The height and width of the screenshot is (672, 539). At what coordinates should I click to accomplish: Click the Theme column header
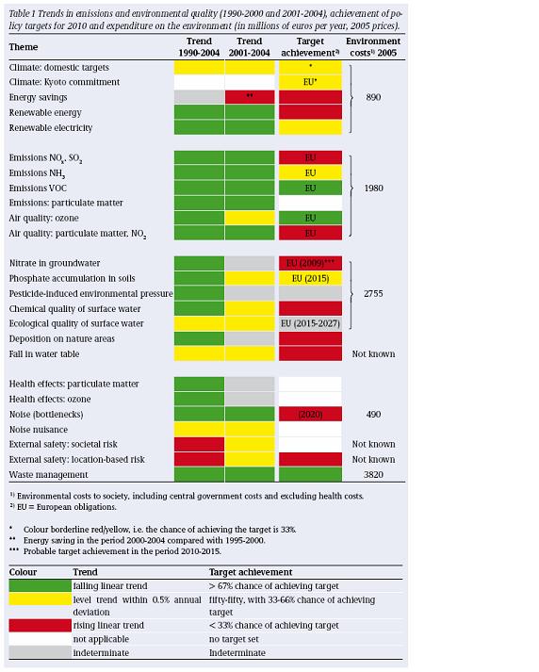24,47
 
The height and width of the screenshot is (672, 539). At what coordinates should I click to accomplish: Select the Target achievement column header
310,47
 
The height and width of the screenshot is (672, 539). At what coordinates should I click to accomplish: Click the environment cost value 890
373,97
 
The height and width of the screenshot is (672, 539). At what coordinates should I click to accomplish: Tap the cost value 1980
373,188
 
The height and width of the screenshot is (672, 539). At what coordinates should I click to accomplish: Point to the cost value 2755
373,293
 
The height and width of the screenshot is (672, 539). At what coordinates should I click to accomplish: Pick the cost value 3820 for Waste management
373,474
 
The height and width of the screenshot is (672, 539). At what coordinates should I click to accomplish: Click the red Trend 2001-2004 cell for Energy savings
250,97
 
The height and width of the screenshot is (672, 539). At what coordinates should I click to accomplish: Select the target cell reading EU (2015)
310,278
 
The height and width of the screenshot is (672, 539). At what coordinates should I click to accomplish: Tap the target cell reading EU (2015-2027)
310,323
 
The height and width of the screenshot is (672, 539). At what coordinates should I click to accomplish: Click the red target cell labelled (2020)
310,414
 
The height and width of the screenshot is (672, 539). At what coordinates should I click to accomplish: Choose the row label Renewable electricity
51,128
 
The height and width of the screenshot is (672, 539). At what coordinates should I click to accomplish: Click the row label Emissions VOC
38,188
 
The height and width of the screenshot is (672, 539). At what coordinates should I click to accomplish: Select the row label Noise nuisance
39,430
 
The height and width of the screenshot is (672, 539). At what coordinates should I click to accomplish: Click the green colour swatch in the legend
40,586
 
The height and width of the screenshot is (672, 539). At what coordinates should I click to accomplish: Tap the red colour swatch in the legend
40,625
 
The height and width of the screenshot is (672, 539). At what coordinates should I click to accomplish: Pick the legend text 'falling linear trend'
110,586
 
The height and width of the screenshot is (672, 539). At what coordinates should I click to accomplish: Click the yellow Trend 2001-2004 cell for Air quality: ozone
250,218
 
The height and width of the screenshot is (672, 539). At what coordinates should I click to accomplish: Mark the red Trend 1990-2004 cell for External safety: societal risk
199,445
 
